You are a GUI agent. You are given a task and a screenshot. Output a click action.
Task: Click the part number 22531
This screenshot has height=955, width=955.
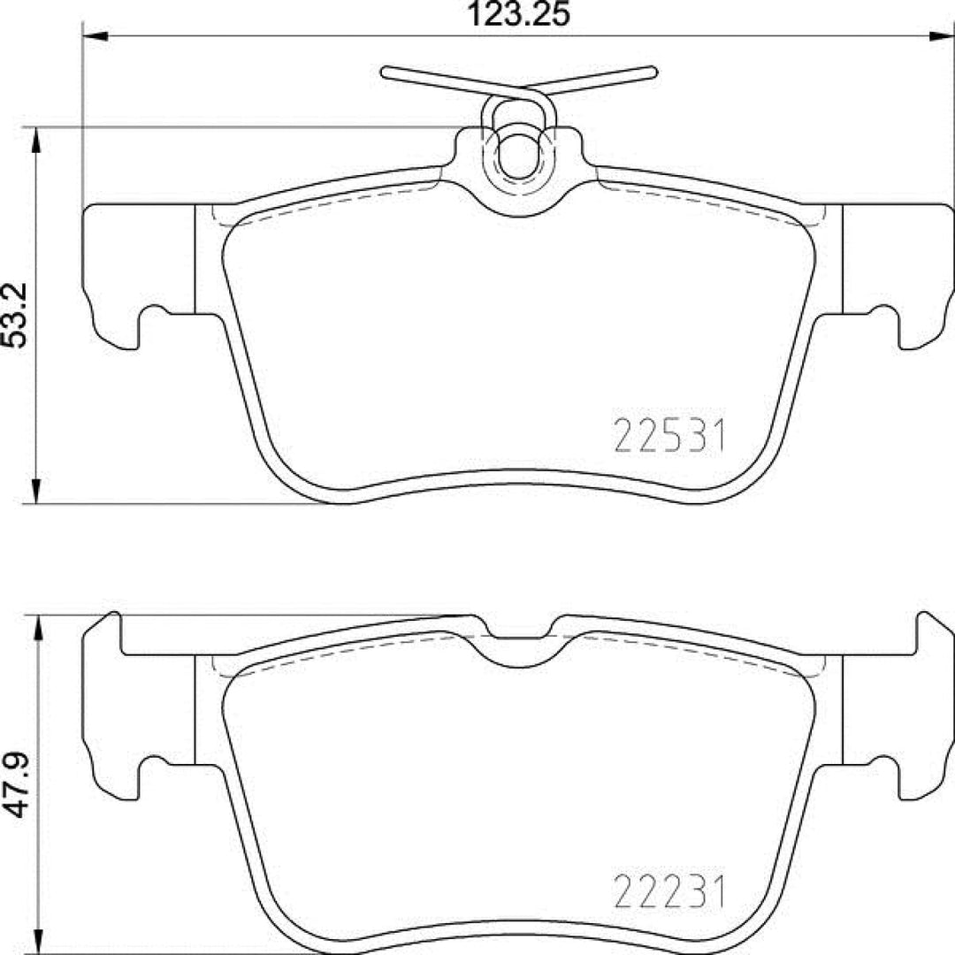click(668, 437)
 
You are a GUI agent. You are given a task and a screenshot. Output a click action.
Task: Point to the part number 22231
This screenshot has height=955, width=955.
click(668, 892)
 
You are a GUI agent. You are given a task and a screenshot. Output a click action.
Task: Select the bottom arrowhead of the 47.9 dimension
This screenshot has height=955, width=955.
click(35, 941)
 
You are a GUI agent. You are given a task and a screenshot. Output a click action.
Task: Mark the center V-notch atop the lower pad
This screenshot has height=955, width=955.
click(519, 650)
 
